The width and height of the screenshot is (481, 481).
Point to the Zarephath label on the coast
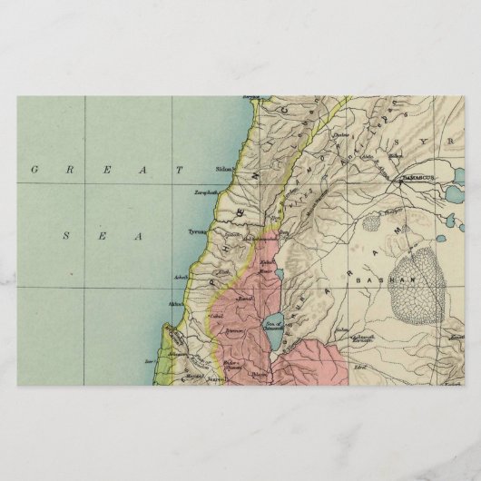(x=204, y=192)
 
